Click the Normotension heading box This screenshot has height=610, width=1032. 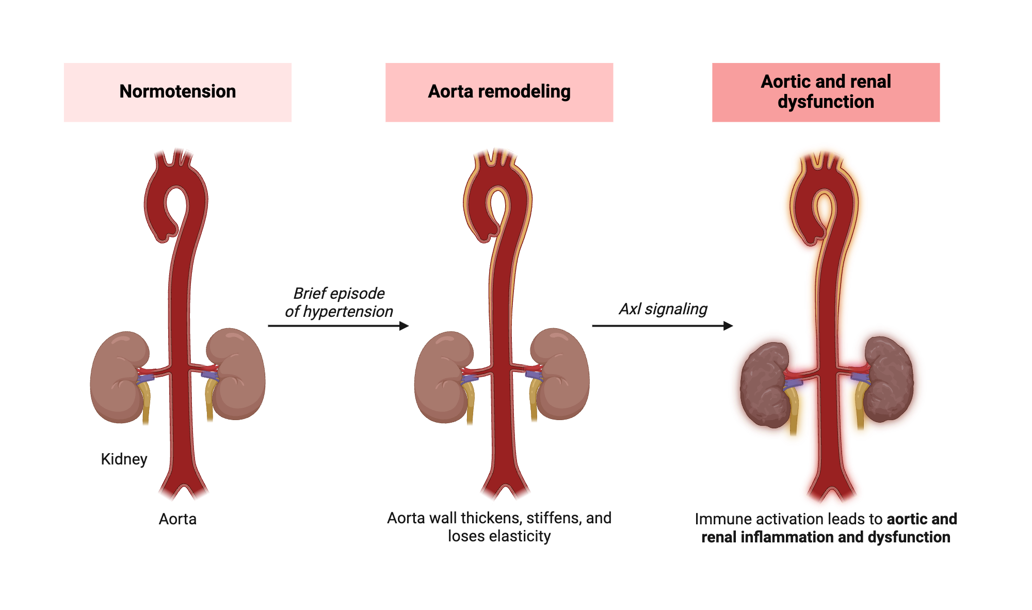pos(178,92)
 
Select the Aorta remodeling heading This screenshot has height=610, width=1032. pos(499,92)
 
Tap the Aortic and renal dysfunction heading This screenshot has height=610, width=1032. pos(826,92)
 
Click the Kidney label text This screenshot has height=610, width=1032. pos(124,459)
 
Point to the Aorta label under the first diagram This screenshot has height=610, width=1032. pos(178,519)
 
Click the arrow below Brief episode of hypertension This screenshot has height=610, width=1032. pos(338,326)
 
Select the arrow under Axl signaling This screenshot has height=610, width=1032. pos(662,326)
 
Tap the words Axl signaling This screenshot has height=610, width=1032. pos(663,309)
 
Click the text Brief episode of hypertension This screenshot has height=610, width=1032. pos(339,302)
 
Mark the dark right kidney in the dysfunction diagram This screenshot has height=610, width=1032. pos(889,379)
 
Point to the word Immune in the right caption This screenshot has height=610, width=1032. pos(718,519)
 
